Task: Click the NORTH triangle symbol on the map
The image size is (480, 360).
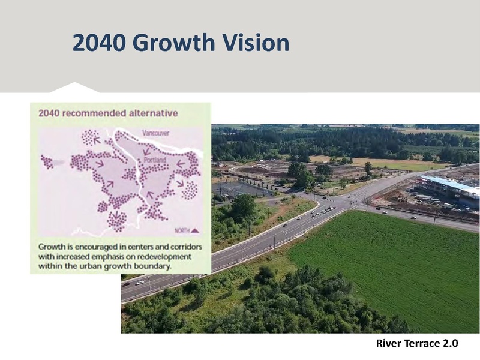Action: (x=195, y=230)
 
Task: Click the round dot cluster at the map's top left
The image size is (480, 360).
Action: (x=91, y=137)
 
